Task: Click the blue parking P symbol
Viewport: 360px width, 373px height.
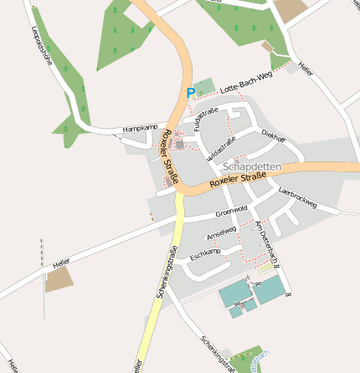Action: pos(191,93)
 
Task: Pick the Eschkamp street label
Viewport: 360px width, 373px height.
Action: pos(205,253)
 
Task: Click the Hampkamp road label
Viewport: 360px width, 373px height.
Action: pos(140,128)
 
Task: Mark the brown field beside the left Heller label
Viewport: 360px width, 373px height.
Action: pos(59,280)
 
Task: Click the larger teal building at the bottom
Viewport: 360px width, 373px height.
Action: pos(270,290)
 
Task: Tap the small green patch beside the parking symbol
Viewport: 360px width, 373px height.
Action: pos(204,87)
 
